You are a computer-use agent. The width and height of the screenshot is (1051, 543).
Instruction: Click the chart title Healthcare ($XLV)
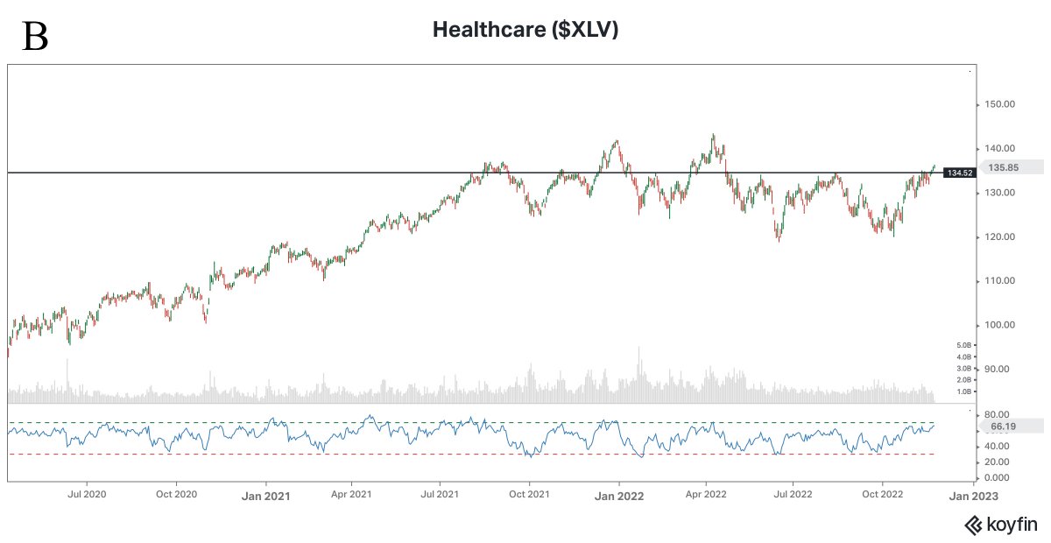[x=526, y=30]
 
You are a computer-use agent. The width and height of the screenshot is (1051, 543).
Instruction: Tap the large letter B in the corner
[x=35, y=37]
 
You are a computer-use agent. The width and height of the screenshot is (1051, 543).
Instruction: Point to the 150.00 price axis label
[x=999, y=104]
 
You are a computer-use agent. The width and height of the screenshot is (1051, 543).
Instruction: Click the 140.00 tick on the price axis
[x=999, y=148]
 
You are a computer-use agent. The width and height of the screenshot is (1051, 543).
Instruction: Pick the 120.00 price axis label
[x=999, y=236]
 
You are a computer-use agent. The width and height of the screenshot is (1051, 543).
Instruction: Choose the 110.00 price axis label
[x=999, y=280]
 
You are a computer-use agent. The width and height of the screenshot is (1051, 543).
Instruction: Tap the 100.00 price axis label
[x=999, y=325]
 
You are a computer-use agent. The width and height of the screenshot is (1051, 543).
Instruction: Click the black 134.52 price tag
[x=959, y=173]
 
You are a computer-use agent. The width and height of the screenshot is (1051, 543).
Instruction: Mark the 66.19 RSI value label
[x=1003, y=427]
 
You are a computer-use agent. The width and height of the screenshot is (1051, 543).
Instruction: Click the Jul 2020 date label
[x=87, y=495]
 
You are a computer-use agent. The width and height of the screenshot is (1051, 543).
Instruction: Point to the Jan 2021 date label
[x=265, y=496]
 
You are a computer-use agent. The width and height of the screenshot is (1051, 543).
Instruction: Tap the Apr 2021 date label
[x=350, y=495]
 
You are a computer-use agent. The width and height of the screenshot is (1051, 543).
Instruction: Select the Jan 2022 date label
[x=619, y=496]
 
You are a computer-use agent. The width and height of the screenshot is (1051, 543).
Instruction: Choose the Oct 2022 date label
[x=882, y=495]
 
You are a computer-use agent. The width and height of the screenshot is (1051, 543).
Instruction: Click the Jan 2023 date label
[x=972, y=496]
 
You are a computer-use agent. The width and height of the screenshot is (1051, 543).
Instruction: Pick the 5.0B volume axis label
[x=989, y=345]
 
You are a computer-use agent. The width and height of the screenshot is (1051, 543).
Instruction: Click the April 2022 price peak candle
[x=713, y=138]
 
